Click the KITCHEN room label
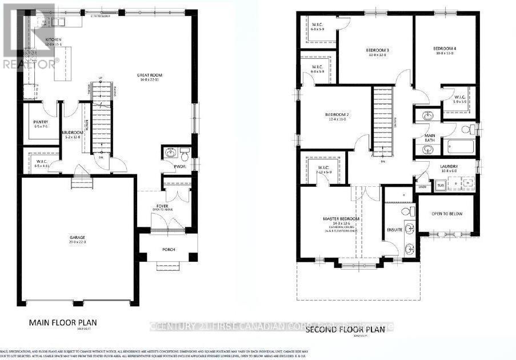point(54,39)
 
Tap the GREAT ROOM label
point(150,74)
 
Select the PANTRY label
point(41,122)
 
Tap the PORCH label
point(169,250)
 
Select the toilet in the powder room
point(185,154)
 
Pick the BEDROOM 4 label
point(443,49)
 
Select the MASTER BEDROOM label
point(341,219)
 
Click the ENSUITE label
point(395,230)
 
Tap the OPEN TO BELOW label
point(446,214)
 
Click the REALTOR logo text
point(30,64)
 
